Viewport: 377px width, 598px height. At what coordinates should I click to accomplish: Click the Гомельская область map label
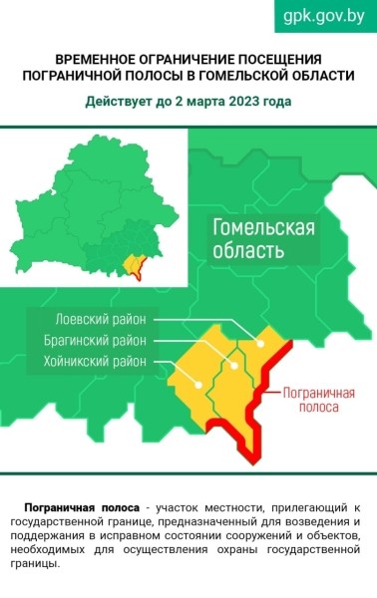[x=263, y=240]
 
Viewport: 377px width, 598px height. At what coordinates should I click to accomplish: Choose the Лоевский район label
[x=100, y=320]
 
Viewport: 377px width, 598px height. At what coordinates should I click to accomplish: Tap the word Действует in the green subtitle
[x=117, y=102]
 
